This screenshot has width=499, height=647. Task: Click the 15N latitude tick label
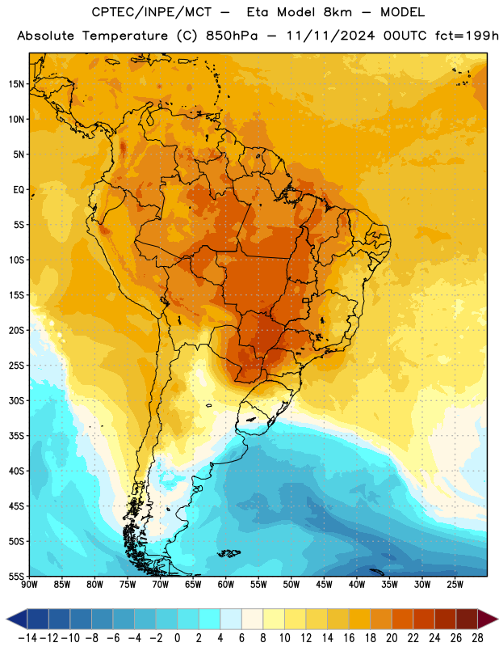point(16,84)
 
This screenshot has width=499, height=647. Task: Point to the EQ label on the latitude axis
point(19,190)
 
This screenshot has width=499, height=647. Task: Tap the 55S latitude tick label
point(16,576)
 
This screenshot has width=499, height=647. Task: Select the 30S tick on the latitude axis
point(16,400)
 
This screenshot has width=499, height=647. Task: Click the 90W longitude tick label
point(29,585)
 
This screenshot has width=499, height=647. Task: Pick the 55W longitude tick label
point(258,585)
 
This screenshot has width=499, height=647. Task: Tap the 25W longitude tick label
point(455,585)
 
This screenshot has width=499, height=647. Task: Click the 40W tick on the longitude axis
point(357,585)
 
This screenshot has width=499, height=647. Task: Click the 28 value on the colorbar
point(477,638)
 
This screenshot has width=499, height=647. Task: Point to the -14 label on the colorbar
point(27,638)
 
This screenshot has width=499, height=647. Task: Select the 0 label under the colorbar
point(177,638)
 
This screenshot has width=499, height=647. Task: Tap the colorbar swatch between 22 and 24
point(424,620)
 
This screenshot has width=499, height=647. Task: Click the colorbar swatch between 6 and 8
point(252,620)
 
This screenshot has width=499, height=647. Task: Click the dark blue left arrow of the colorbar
point(17,620)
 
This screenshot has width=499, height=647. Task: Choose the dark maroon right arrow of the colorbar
point(488,620)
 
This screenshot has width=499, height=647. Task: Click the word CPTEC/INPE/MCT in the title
point(151,12)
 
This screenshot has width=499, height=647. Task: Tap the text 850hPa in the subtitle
point(232,36)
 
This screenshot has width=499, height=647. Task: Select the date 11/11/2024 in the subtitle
point(330,36)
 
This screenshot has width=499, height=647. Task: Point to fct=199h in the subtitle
point(467,36)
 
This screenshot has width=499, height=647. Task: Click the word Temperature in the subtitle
point(125,36)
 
